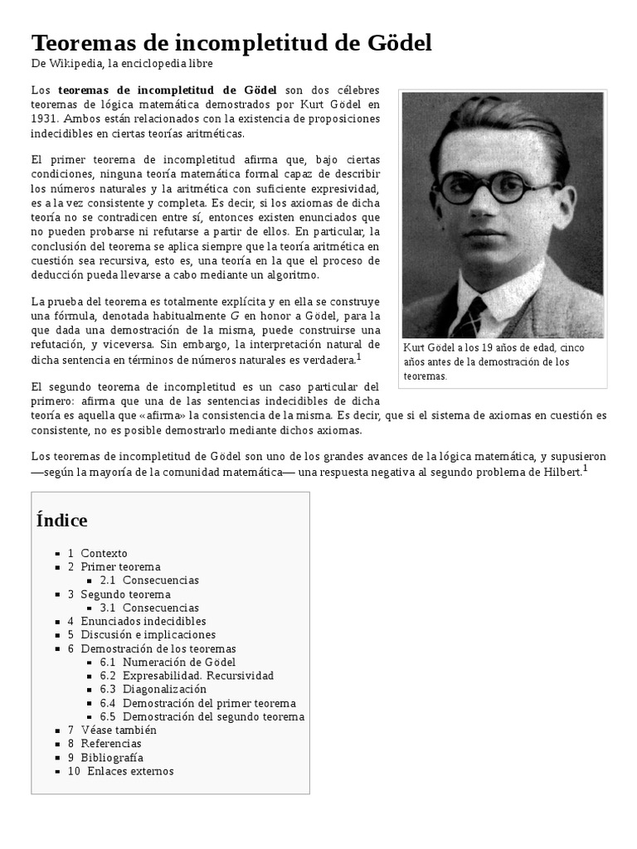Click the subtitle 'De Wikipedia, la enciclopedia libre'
122,64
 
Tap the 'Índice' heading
62,521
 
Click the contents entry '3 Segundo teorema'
125,594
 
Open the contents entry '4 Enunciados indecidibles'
143,621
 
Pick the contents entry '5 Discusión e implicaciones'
148,635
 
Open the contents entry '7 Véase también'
118,730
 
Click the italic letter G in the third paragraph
235,316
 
